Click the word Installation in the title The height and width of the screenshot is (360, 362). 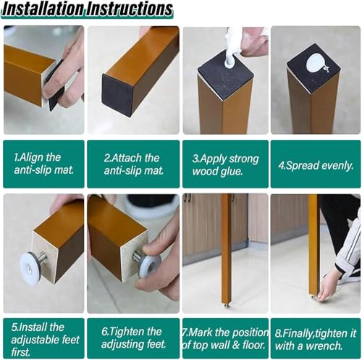pos(43,9)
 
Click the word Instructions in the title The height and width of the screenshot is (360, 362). pos(130,9)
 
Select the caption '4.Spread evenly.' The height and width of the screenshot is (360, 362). pos(316,166)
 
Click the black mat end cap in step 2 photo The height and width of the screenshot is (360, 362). pos(118,95)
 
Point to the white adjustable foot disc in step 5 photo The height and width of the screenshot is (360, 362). pos(30,263)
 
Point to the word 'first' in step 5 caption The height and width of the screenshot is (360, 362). pos(21,352)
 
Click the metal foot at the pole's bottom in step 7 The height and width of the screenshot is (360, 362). pos(227,304)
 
